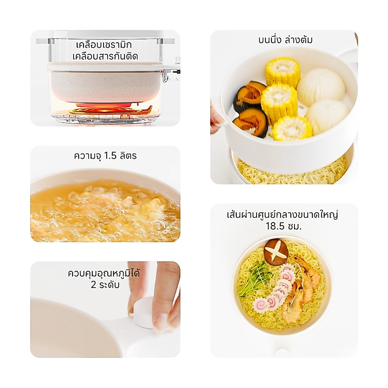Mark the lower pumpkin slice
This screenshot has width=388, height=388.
click(253, 122)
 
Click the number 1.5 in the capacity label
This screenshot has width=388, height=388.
click(110, 156)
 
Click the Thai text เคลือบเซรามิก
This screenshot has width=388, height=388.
click(104, 45)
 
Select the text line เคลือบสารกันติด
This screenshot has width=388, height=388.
click(105, 56)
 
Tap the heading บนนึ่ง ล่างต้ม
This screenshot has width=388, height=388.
click(285, 40)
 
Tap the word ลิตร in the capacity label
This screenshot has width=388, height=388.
click(128, 156)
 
